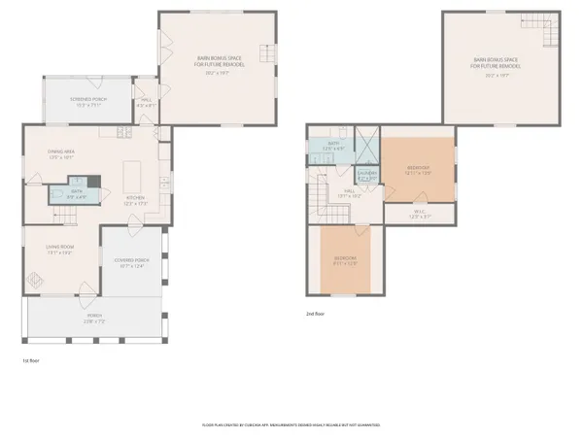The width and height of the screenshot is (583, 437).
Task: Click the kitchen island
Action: click(x=133, y=176)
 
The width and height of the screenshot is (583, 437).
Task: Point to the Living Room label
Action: click(x=60, y=250)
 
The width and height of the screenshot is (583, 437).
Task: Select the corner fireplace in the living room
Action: click(x=36, y=280)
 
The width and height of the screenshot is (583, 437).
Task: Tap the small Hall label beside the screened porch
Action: click(x=147, y=100)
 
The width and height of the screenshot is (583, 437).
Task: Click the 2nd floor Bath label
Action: click(x=331, y=146)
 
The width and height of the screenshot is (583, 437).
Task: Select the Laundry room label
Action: click(x=366, y=176)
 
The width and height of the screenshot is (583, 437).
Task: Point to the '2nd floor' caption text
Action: click(x=316, y=314)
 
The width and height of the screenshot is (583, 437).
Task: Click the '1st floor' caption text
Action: click(x=31, y=360)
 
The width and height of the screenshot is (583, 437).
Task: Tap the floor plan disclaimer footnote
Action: click(x=291, y=424)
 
